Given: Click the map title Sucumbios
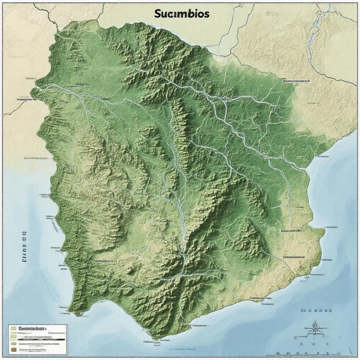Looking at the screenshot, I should [x=182, y=14].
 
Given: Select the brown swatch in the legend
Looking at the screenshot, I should [x=13, y=350].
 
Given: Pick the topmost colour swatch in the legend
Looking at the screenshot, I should [x=13, y=328].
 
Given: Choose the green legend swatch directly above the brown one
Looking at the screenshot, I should [x=13, y=343].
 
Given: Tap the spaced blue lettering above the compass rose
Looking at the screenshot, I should [x=316, y=311].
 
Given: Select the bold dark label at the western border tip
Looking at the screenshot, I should [x=26, y=99].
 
